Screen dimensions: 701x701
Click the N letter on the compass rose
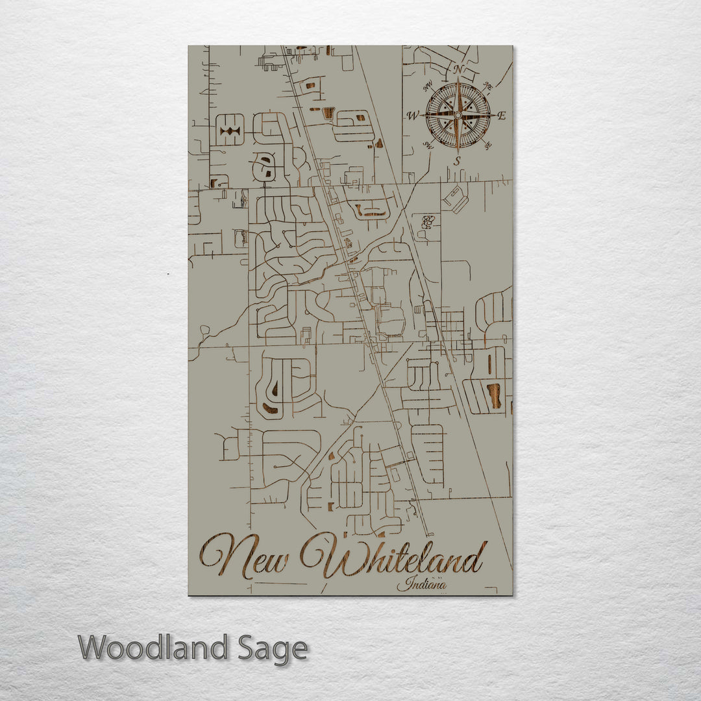[458, 69]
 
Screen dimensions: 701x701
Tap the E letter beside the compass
[501, 116]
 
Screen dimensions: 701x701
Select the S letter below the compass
[457, 160]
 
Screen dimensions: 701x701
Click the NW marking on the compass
[428, 88]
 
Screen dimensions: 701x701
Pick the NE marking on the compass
[487, 86]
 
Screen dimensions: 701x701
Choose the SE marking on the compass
[487, 145]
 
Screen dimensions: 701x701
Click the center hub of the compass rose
[458, 116]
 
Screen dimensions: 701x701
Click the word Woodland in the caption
[153, 648]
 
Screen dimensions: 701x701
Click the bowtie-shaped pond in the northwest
[230, 132]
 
